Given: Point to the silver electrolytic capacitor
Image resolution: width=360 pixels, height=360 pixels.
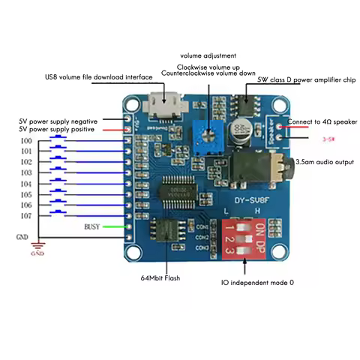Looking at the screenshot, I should (x=241, y=127).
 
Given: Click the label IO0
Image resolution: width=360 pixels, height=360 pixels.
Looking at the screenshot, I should (x=26, y=141).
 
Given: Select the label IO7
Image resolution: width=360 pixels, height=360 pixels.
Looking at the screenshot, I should (x=26, y=215).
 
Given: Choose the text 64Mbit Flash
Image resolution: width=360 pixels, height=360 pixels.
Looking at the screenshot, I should (x=160, y=277).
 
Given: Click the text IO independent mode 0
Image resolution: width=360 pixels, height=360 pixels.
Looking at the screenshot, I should (x=257, y=283).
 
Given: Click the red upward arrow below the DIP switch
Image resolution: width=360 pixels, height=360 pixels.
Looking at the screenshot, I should (x=246, y=262).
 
